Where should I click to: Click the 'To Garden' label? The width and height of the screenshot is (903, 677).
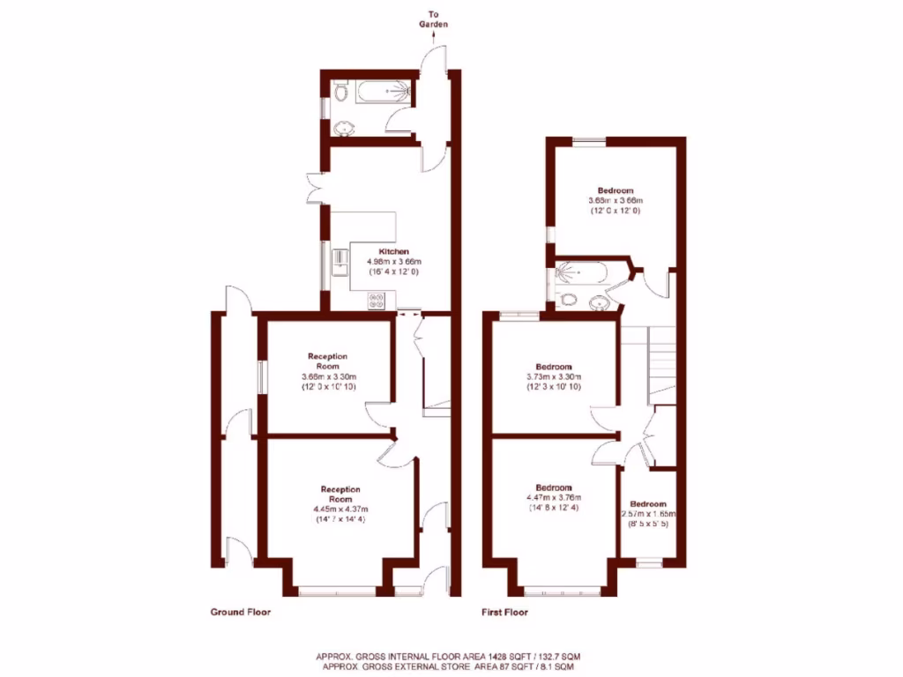pos(433,20)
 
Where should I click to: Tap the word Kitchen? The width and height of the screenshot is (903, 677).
pos(394,251)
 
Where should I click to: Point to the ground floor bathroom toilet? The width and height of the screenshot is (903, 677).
pos(342,93)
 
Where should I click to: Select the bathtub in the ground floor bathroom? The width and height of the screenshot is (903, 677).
pos(380,93)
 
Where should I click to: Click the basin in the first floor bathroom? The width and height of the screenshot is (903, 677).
pos(600,303)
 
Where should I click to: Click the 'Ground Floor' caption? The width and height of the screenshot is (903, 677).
pos(240,612)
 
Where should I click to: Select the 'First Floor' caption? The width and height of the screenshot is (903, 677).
pos(504,612)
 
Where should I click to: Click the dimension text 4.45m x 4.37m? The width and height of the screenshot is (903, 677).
pos(340,510)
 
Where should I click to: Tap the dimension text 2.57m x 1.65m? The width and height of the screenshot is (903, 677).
pos(648,514)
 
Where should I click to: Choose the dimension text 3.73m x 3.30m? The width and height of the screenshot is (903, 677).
pos(554,376)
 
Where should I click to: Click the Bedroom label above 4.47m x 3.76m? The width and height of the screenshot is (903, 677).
pos(554,487)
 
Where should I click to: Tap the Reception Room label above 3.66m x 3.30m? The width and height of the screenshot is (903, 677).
pos(327,361)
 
